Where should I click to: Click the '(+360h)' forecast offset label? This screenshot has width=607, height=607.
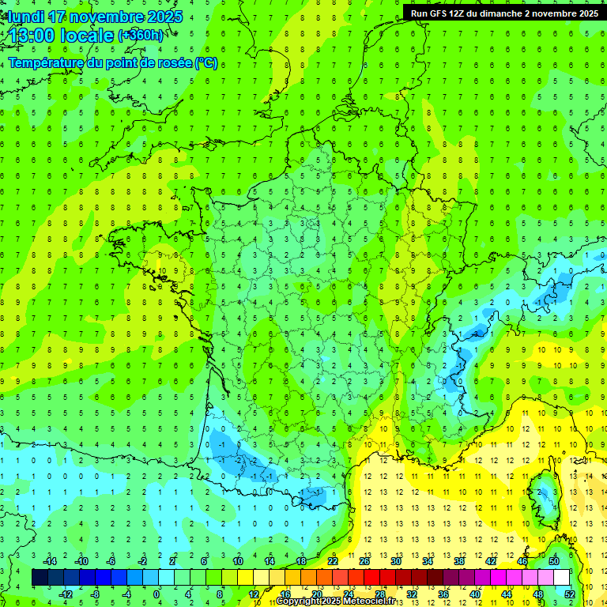pyautogui.click(x=141, y=36)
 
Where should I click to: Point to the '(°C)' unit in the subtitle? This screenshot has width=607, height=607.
pyautogui.click(x=206, y=63)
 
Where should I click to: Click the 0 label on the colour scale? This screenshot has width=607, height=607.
pyautogui.click(x=157, y=594)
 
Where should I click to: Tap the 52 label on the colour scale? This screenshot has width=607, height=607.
pyautogui.click(x=569, y=594)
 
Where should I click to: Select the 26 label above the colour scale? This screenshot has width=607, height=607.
pyautogui.click(x=364, y=561)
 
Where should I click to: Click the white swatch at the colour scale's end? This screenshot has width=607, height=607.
pyautogui.click(x=561, y=578)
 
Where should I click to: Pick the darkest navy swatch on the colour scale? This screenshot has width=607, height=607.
pyautogui.click(x=40, y=578)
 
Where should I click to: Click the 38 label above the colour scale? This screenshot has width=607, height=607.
pyautogui.click(x=458, y=561)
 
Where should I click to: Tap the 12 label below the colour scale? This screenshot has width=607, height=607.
pyautogui.click(x=253, y=594)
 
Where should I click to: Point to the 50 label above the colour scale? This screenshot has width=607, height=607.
pyautogui.click(x=553, y=561)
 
